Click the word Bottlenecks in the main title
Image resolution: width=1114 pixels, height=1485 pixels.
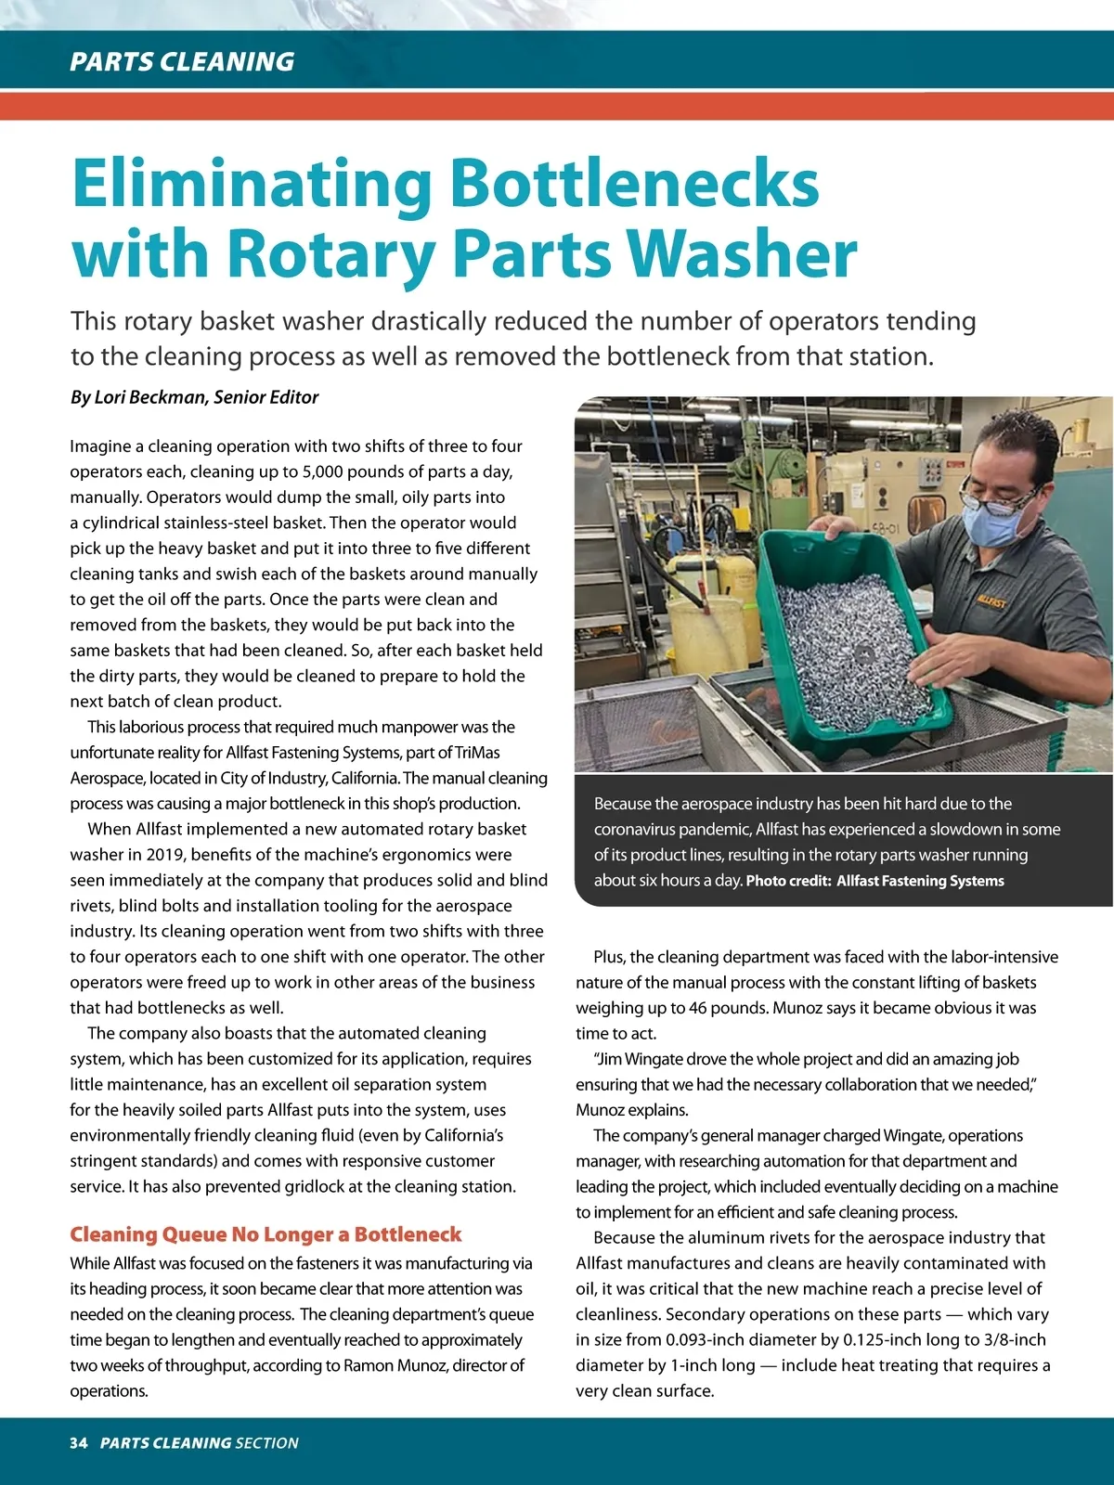coord(634,184)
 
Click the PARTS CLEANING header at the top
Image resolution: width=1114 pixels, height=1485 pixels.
coord(182,61)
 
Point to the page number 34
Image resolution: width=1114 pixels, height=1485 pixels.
coord(78,1443)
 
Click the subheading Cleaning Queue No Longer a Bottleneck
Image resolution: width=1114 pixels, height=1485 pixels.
coord(266,1234)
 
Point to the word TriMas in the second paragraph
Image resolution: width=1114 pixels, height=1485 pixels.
coord(477,753)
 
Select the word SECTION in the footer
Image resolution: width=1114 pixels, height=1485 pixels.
coord(267,1443)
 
